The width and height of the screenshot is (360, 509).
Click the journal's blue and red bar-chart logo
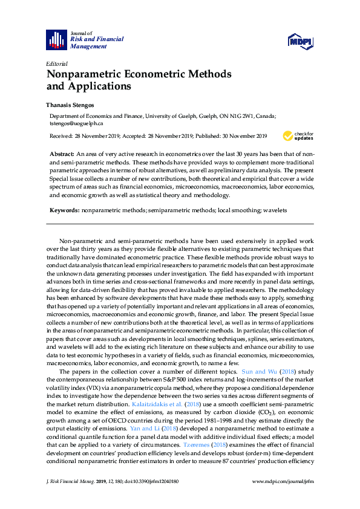click(57, 39)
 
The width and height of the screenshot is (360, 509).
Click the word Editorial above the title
click(57, 63)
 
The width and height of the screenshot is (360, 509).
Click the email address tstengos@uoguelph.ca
click(77, 123)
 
